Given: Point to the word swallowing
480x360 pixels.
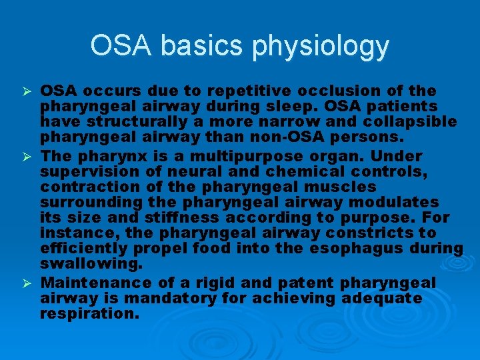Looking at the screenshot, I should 91,265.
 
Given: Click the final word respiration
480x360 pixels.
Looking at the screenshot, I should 89,314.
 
